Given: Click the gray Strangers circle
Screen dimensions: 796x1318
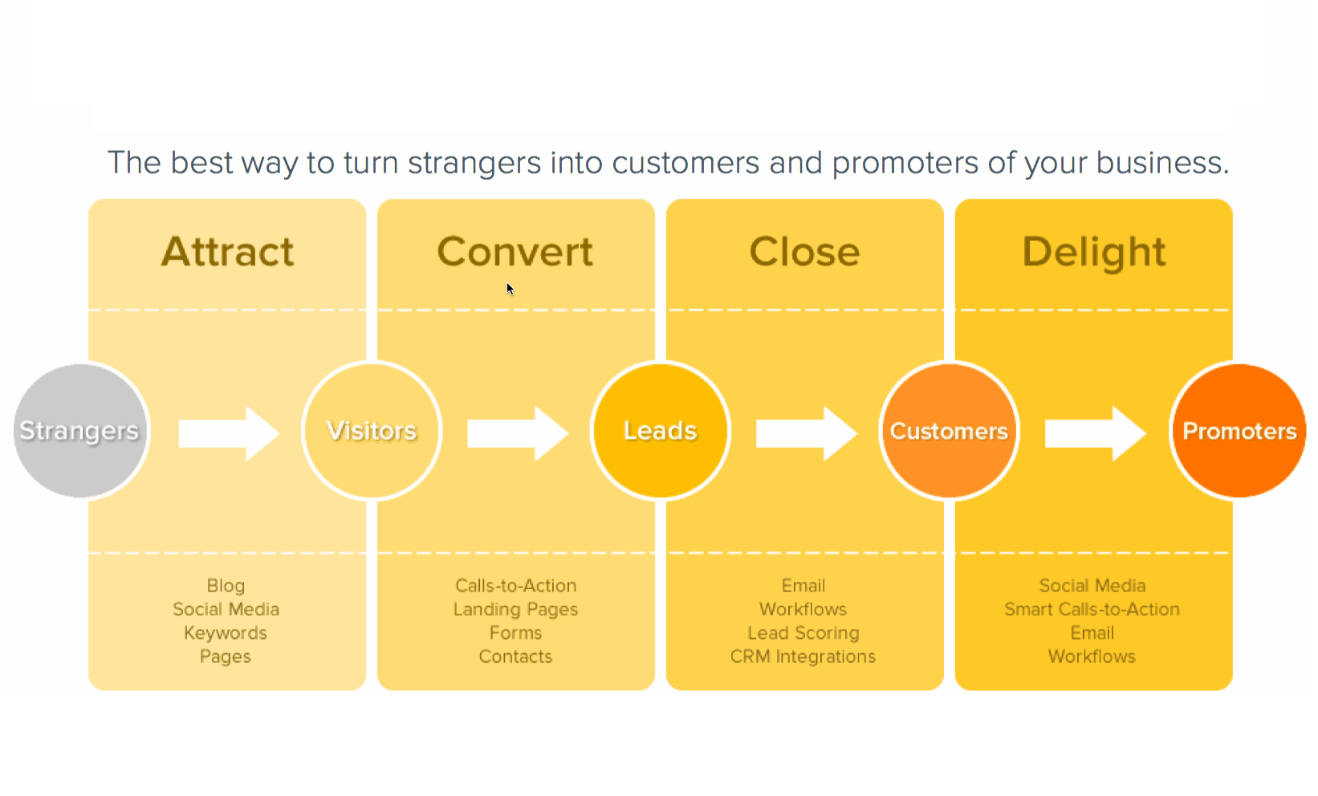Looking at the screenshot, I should (80, 431).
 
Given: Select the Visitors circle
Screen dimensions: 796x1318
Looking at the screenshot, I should (372, 431).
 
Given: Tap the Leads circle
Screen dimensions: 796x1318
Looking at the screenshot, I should (661, 431).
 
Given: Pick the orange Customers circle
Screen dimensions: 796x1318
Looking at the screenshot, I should (949, 431).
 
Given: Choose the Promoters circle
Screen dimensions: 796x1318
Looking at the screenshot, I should (1239, 431).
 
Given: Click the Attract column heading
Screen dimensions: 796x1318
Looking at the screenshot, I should (228, 252).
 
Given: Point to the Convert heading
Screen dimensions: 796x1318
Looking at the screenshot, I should (515, 252).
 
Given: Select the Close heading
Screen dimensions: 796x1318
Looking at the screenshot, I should (804, 252).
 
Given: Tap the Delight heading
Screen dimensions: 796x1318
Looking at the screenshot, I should (1093, 252).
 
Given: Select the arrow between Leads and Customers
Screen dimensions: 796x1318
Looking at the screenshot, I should (806, 433).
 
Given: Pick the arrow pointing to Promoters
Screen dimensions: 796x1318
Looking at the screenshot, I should (1095, 433).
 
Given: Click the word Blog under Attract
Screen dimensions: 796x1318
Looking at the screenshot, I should (226, 586).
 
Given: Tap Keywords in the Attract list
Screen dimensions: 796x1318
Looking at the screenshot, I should (226, 633).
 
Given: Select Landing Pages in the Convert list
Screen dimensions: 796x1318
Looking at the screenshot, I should (515, 610).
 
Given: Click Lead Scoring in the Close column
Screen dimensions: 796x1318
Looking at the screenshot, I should (803, 633).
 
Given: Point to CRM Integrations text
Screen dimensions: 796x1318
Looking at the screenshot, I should (803, 656).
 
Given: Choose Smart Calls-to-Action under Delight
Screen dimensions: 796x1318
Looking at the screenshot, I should (1092, 610).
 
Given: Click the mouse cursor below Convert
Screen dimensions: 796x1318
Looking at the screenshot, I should (510, 289).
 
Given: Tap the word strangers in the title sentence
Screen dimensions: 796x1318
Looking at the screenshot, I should (474, 163).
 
